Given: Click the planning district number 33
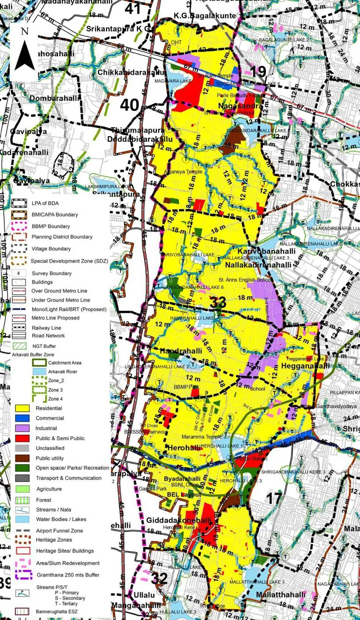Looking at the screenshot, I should tap(218, 302).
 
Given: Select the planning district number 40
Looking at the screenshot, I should tap(129, 105).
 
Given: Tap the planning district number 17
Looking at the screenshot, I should tap(274, 498).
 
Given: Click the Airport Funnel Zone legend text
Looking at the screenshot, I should tap(59, 531).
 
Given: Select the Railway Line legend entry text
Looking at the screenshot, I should tap(46, 328).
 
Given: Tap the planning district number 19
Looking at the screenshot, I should tap(258, 72).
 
